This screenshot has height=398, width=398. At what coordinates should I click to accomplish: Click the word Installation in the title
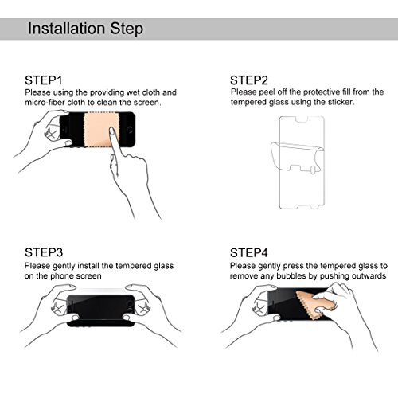coord(66,28)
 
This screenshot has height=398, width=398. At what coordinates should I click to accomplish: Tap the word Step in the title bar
coord(127,29)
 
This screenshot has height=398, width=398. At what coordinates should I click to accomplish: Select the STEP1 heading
coord(44,80)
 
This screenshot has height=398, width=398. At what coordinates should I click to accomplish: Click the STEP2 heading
coord(249,80)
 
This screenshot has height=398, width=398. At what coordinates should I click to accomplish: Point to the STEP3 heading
coord(44,252)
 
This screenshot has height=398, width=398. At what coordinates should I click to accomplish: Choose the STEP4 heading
coord(249,252)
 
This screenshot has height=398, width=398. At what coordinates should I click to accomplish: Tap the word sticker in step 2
coord(341,102)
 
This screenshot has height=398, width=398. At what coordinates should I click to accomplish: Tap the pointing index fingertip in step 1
coord(112,130)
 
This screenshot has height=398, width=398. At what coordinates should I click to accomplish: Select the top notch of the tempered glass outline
coord(302,120)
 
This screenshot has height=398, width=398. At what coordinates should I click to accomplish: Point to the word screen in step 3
coord(88,276)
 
